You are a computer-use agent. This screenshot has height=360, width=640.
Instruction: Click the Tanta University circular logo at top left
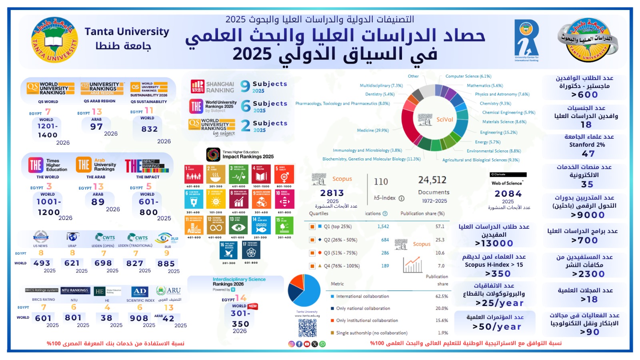(x=54, y=40)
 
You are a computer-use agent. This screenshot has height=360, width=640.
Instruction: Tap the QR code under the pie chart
(x=307, y=328)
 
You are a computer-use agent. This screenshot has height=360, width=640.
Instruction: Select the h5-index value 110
(x=381, y=182)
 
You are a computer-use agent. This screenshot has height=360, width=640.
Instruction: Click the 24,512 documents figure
(x=432, y=180)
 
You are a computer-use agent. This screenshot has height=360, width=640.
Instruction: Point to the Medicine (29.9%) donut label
(x=373, y=130)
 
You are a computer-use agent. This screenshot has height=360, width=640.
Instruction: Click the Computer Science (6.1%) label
(x=468, y=76)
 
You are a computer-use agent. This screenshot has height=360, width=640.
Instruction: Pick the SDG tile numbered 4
(x=261, y=174)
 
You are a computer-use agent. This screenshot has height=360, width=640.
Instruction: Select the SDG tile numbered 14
(x=261, y=226)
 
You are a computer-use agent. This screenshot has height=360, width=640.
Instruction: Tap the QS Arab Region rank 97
(x=96, y=127)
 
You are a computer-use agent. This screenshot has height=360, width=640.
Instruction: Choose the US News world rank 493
(x=42, y=263)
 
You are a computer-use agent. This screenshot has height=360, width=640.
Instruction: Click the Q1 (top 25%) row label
(x=338, y=227)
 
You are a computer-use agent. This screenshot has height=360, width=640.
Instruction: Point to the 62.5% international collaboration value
(x=442, y=296)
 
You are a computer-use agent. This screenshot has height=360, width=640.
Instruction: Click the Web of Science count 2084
(x=508, y=194)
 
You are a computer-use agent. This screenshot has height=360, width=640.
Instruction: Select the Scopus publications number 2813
(x=332, y=193)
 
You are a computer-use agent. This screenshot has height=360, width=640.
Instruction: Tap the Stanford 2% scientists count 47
(x=588, y=154)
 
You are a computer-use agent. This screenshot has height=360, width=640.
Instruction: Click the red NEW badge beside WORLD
(x=252, y=306)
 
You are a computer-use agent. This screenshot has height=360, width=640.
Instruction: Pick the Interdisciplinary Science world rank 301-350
(x=240, y=318)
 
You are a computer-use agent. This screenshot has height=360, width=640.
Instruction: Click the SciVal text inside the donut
(x=444, y=120)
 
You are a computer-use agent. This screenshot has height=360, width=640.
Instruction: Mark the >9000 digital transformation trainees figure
(x=588, y=215)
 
